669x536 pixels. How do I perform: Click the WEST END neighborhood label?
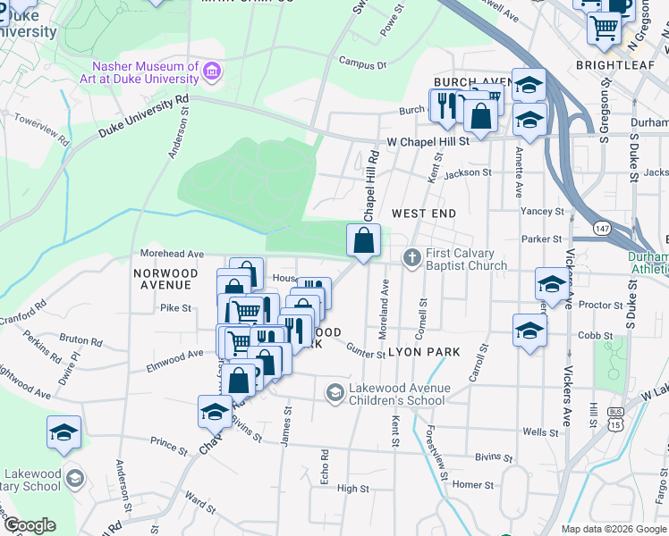[424, 214]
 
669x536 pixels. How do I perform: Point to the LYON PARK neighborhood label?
[424, 352]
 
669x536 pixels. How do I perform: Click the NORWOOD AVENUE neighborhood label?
[162, 279]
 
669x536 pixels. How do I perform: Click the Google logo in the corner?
[30, 525]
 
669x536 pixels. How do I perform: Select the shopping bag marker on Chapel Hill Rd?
[364, 241]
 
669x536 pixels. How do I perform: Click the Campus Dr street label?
[362, 64]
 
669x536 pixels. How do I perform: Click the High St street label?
[353, 489]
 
